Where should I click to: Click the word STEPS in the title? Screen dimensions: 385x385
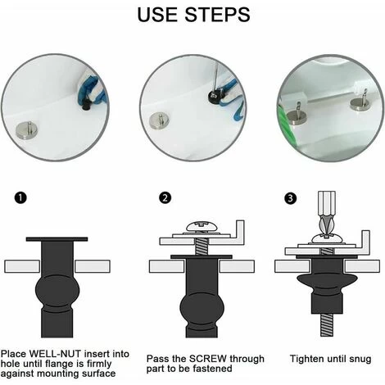217,15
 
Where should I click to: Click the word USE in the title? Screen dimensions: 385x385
156,15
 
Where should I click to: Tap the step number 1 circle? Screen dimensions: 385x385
20,197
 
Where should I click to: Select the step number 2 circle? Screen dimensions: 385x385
165,197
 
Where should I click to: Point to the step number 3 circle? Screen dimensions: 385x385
290,198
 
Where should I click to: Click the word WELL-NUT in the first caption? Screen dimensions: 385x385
55,354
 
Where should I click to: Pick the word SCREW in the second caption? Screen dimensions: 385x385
208,359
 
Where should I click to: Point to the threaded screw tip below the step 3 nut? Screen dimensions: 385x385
327,324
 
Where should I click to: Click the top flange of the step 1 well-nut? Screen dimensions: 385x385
57,239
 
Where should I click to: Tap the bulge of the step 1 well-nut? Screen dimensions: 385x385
57,292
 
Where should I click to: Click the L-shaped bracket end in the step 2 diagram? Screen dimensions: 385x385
240,232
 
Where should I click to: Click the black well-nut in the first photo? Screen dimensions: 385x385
88,105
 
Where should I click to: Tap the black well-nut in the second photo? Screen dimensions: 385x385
215,97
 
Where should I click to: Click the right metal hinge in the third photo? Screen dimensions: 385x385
360,102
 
